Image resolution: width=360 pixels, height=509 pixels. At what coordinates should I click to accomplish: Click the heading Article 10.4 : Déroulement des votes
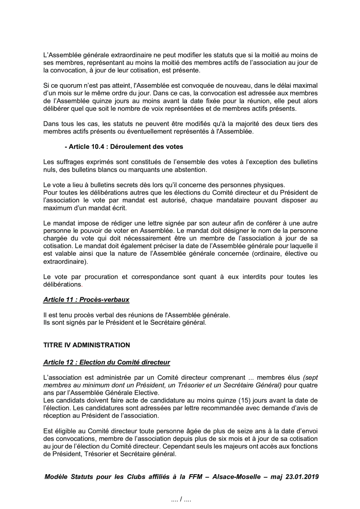click(124, 147)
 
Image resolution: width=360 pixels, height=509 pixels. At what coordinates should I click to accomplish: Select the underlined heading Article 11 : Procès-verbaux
click(86, 300)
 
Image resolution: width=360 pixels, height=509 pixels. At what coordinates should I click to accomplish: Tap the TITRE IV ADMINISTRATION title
click(86, 345)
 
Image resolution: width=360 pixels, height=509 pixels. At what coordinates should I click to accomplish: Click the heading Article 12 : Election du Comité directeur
click(107, 363)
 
